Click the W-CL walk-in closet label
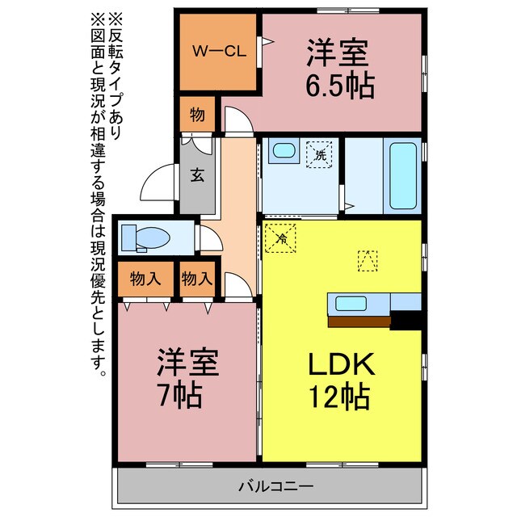pos(218,50)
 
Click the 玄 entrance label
pos(196,175)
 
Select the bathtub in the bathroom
pos(403,175)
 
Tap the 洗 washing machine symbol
pos(320,153)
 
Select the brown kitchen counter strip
pos(359,320)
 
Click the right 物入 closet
pos(197,280)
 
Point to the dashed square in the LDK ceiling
pos(368,260)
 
